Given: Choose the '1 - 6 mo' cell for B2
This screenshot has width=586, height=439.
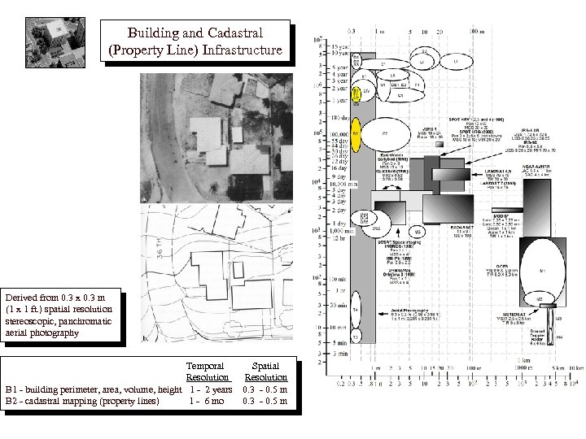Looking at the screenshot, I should point(206,400).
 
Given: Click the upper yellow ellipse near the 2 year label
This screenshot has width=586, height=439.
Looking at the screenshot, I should point(356,91).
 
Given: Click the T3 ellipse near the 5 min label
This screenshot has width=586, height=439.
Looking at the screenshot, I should point(355,336).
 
